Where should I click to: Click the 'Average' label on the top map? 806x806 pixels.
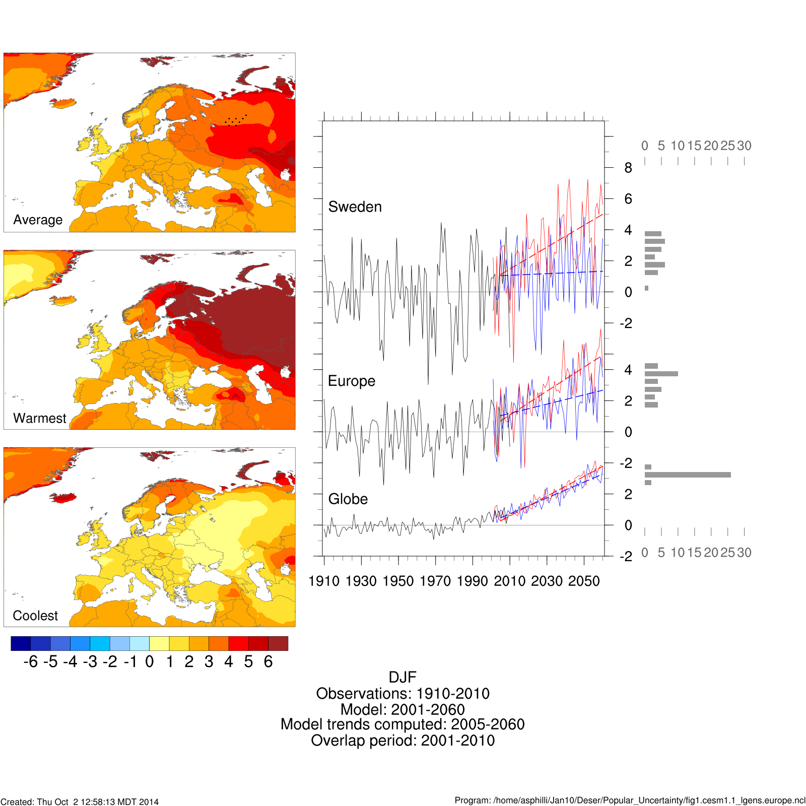click(x=38, y=220)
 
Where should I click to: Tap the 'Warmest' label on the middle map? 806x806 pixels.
click(x=39, y=418)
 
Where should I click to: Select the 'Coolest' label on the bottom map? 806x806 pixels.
click(x=35, y=616)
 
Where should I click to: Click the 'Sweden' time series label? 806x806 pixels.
click(x=355, y=207)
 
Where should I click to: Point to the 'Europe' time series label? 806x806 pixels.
click(x=351, y=381)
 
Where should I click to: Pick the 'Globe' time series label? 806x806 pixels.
click(x=348, y=499)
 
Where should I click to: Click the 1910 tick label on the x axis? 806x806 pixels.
click(x=323, y=581)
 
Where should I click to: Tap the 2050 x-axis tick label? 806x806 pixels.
click(x=584, y=581)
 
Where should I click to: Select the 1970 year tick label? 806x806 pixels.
click(x=435, y=581)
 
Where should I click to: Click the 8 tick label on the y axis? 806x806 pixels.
click(x=628, y=168)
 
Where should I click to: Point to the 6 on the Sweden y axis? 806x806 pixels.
click(x=628, y=199)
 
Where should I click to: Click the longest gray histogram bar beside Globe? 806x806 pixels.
click(x=688, y=475)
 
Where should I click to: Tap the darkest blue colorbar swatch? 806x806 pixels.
click(x=21, y=643)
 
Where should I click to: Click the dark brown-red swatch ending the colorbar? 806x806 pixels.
click(x=278, y=643)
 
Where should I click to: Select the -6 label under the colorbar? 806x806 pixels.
click(x=31, y=661)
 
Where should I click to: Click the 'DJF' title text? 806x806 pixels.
click(x=402, y=677)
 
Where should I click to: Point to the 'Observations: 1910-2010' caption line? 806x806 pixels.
click(x=402, y=693)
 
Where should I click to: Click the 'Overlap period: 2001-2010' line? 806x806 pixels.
click(x=402, y=741)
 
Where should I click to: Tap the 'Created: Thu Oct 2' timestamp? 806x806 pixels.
click(x=80, y=801)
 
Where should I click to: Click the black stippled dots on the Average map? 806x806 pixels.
click(x=235, y=121)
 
